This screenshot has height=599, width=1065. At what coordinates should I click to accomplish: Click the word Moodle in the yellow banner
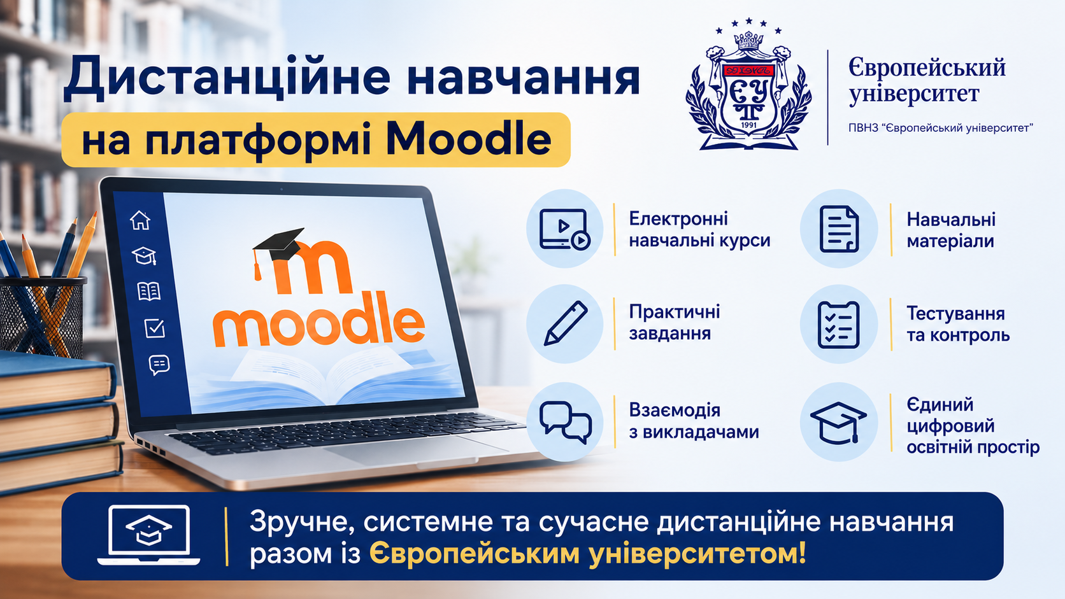pos(468,139)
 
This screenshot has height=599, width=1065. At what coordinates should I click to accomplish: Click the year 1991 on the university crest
pos(749,125)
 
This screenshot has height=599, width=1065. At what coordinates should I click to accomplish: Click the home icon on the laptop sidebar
pos(140,220)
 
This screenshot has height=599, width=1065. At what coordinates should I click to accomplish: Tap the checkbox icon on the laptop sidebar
pos(155,328)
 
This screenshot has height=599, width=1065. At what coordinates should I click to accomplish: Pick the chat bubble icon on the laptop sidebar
pos(159,365)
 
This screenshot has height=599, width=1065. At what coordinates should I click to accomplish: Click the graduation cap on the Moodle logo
pos(278,247)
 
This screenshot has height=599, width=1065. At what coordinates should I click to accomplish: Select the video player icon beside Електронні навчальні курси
pos(565,229)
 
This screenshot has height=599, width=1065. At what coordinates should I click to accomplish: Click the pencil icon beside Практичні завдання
pos(566,323)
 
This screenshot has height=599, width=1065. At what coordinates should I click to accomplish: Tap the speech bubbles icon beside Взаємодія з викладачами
pos(566,422)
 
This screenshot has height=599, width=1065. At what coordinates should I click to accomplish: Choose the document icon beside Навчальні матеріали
pos(839,229)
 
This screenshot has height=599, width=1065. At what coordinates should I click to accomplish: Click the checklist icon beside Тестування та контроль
pos(839,325)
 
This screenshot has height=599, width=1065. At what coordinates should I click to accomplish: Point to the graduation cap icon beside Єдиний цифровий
pos(838,422)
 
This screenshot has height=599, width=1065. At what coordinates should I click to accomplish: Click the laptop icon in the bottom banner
pos(149,535)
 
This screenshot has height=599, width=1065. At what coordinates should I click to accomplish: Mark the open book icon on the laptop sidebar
pos(149,291)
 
